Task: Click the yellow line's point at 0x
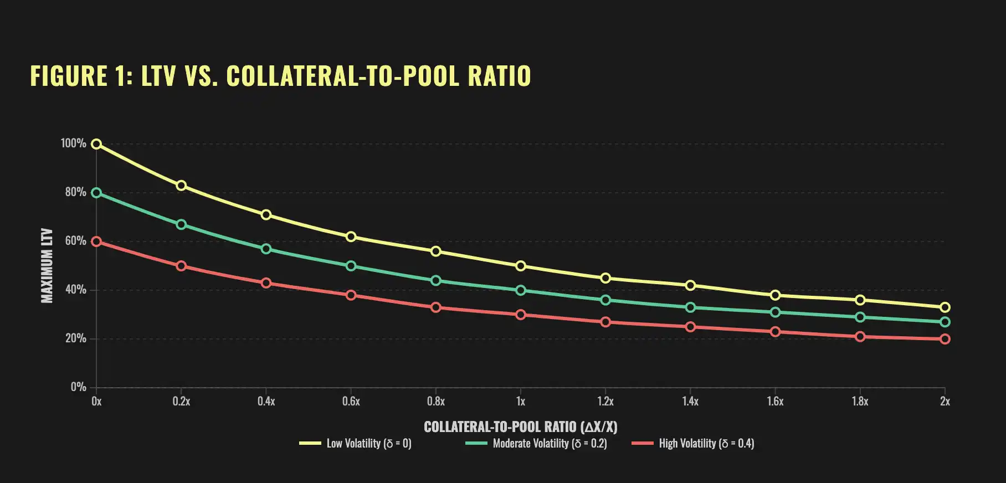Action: tap(96, 144)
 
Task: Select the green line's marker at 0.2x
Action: tap(181, 224)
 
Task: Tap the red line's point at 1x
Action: tap(521, 315)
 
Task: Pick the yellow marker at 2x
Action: tap(945, 307)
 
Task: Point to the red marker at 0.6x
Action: tap(351, 295)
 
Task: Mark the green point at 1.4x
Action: tap(690, 307)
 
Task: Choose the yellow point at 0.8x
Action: tap(436, 251)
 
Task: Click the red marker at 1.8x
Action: tap(860, 337)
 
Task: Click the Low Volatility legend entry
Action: tap(368, 443)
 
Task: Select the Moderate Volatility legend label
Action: tap(550, 443)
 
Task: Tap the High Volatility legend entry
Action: tap(706, 443)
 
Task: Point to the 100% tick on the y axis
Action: tap(73, 143)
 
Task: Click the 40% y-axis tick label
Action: tap(75, 290)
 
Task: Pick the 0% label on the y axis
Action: tap(78, 387)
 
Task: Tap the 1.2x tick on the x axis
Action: tap(605, 402)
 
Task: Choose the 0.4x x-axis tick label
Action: tap(266, 402)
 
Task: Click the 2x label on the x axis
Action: tap(945, 402)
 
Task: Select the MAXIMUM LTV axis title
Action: tap(47, 265)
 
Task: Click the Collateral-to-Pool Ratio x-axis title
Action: tap(520, 427)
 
